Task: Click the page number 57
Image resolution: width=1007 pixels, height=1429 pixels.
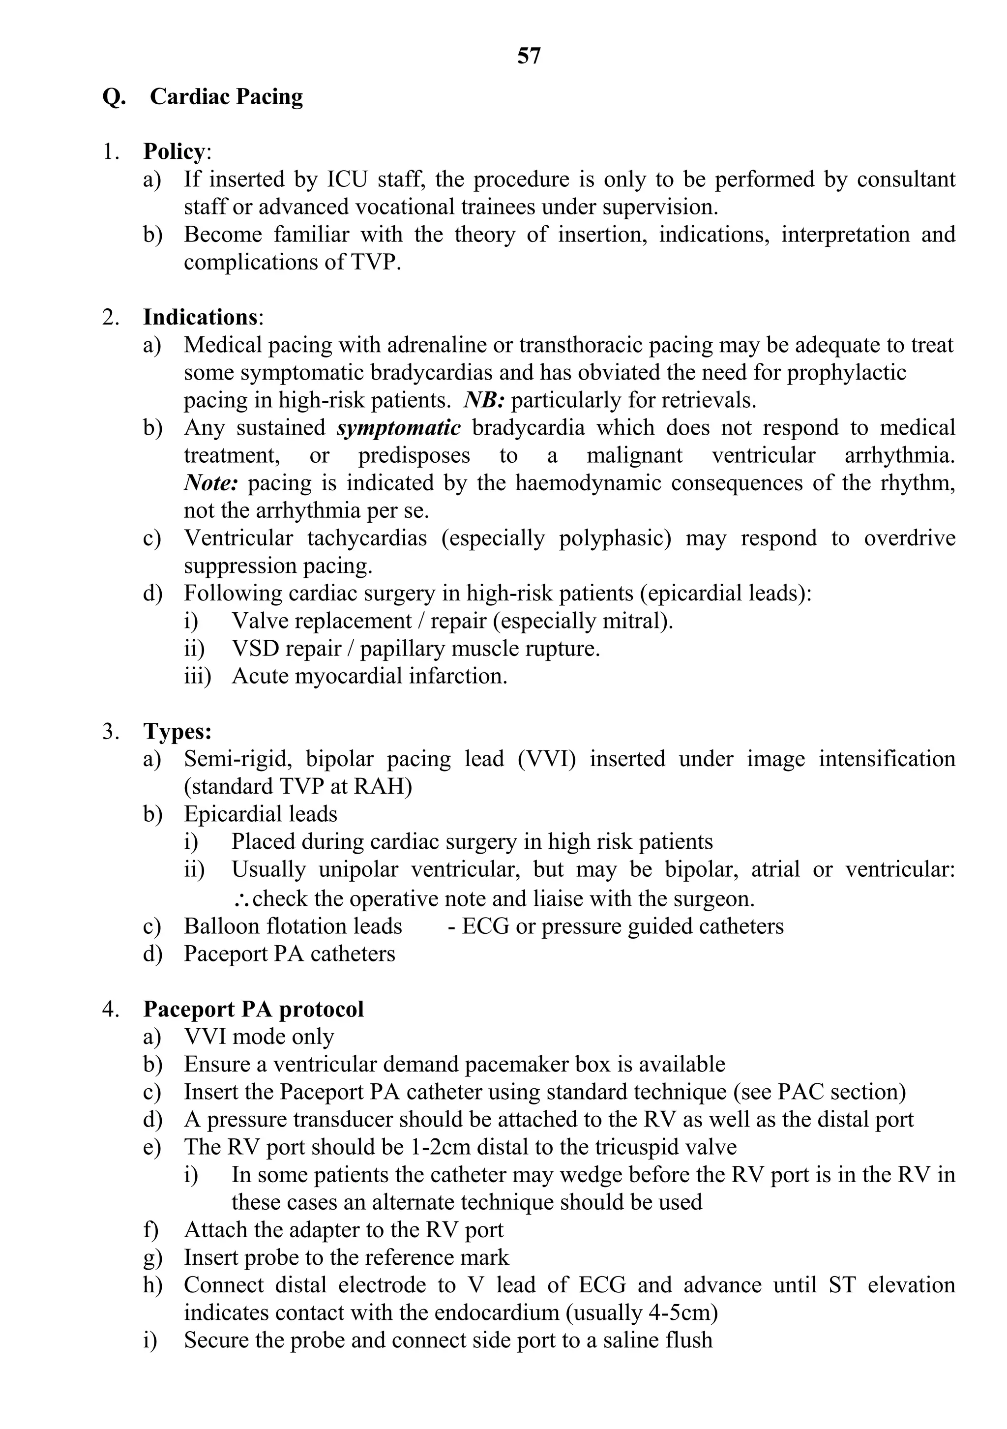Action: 529,56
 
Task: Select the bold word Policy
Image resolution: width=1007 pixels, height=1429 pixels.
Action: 174,152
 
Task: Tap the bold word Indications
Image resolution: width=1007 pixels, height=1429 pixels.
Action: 200,317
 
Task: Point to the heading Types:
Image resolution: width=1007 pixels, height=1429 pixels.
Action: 178,731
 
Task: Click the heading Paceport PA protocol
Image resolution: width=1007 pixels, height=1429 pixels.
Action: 253,1009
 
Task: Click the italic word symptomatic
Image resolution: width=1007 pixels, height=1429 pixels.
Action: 398,428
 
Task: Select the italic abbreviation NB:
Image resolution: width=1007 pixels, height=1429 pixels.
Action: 483,400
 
